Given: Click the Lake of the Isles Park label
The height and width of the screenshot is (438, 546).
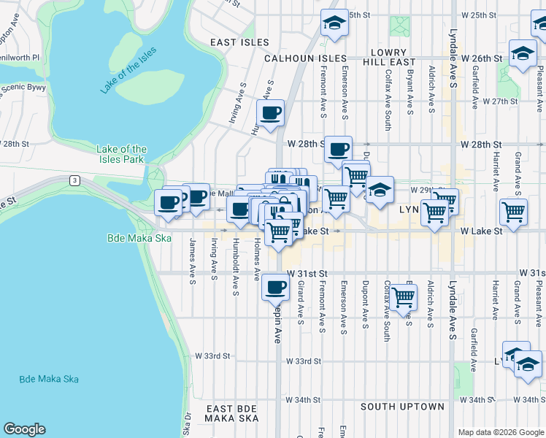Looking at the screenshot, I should tap(122, 154).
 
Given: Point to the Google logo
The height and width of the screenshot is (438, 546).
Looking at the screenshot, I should tap(24, 429).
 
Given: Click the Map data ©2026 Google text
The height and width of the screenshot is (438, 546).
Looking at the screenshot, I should tap(501, 432).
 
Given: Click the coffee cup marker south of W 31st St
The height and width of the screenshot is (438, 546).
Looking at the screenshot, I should tap(275, 286).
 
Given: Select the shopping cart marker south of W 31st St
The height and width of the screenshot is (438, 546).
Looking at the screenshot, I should tap(403, 297).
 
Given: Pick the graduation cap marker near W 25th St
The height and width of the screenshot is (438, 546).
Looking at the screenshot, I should tap(334, 23).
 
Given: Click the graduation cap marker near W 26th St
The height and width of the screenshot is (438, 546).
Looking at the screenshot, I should tap(523, 53).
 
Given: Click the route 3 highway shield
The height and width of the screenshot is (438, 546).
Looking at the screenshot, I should tap(74, 180).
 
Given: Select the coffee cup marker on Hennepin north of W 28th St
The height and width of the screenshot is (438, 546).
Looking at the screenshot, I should tap(271, 113).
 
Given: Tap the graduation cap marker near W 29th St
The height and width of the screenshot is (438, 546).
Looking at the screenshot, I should tap(380, 190).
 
